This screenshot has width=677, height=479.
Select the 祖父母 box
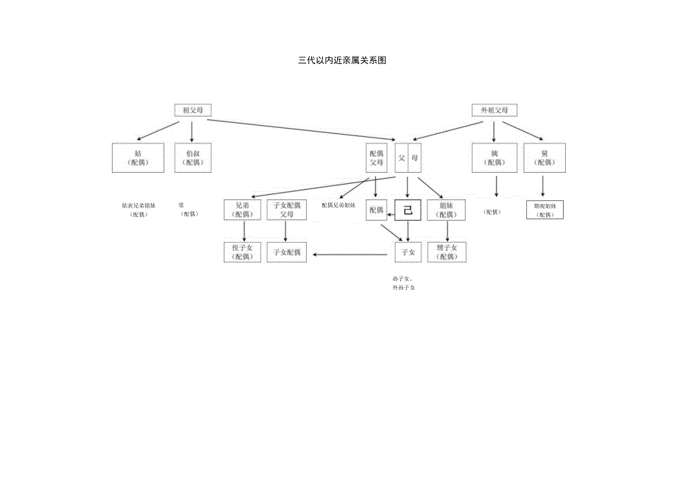192,110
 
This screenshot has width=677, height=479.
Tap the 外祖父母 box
495,110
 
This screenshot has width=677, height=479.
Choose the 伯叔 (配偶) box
193,158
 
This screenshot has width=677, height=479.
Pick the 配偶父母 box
376,158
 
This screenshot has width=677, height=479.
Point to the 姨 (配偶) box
495,158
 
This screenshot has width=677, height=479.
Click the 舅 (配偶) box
545,158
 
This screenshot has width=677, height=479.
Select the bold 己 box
408,210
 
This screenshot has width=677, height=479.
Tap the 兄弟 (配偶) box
242,210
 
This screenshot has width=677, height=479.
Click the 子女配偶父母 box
286,210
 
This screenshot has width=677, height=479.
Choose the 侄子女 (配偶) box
242,252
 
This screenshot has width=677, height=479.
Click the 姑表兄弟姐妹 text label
138,205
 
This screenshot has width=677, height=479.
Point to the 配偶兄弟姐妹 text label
338,205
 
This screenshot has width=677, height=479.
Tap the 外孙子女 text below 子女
404,288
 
